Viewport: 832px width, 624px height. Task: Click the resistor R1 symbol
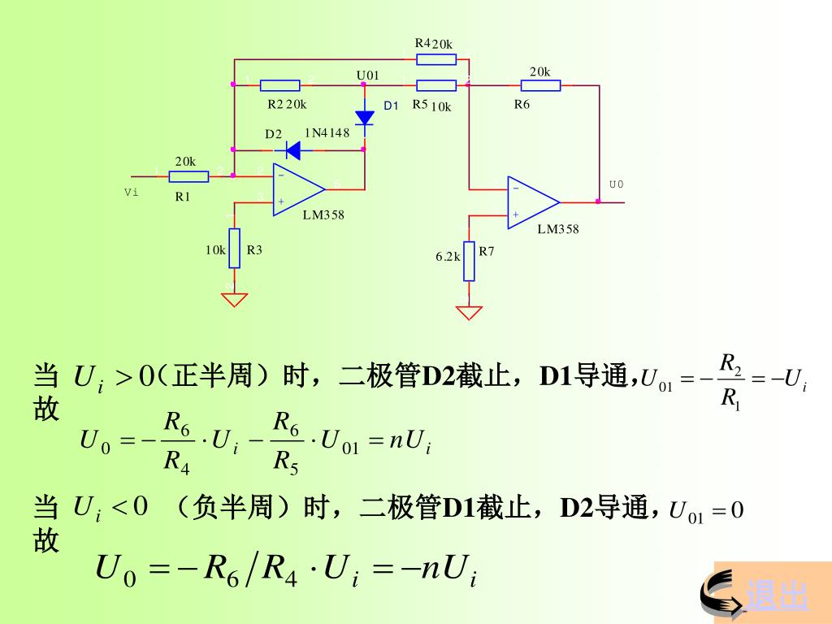[x=189, y=176]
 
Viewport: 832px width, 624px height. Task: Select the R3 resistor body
[x=234, y=248]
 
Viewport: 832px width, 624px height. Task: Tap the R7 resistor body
[x=469, y=261]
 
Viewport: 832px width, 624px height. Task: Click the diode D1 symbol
[x=365, y=117]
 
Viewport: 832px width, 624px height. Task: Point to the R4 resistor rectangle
[x=436, y=59]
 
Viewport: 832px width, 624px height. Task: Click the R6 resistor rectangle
[x=540, y=84]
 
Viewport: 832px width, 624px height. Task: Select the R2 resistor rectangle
[x=279, y=84]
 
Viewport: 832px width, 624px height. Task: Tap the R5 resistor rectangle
[x=436, y=84]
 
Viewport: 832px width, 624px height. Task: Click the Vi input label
[x=131, y=192]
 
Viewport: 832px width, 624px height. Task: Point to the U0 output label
[x=617, y=184]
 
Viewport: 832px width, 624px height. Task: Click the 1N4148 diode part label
[x=327, y=132]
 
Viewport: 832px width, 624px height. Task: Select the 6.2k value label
[x=448, y=256]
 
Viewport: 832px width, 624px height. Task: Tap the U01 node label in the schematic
[x=368, y=75]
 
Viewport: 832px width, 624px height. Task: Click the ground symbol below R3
[x=234, y=299]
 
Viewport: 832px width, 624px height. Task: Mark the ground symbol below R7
[x=469, y=312]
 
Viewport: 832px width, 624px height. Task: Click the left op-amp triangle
[x=297, y=188]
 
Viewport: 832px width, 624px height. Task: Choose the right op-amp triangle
[x=532, y=201]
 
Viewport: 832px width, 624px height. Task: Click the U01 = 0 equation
[x=706, y=511]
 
